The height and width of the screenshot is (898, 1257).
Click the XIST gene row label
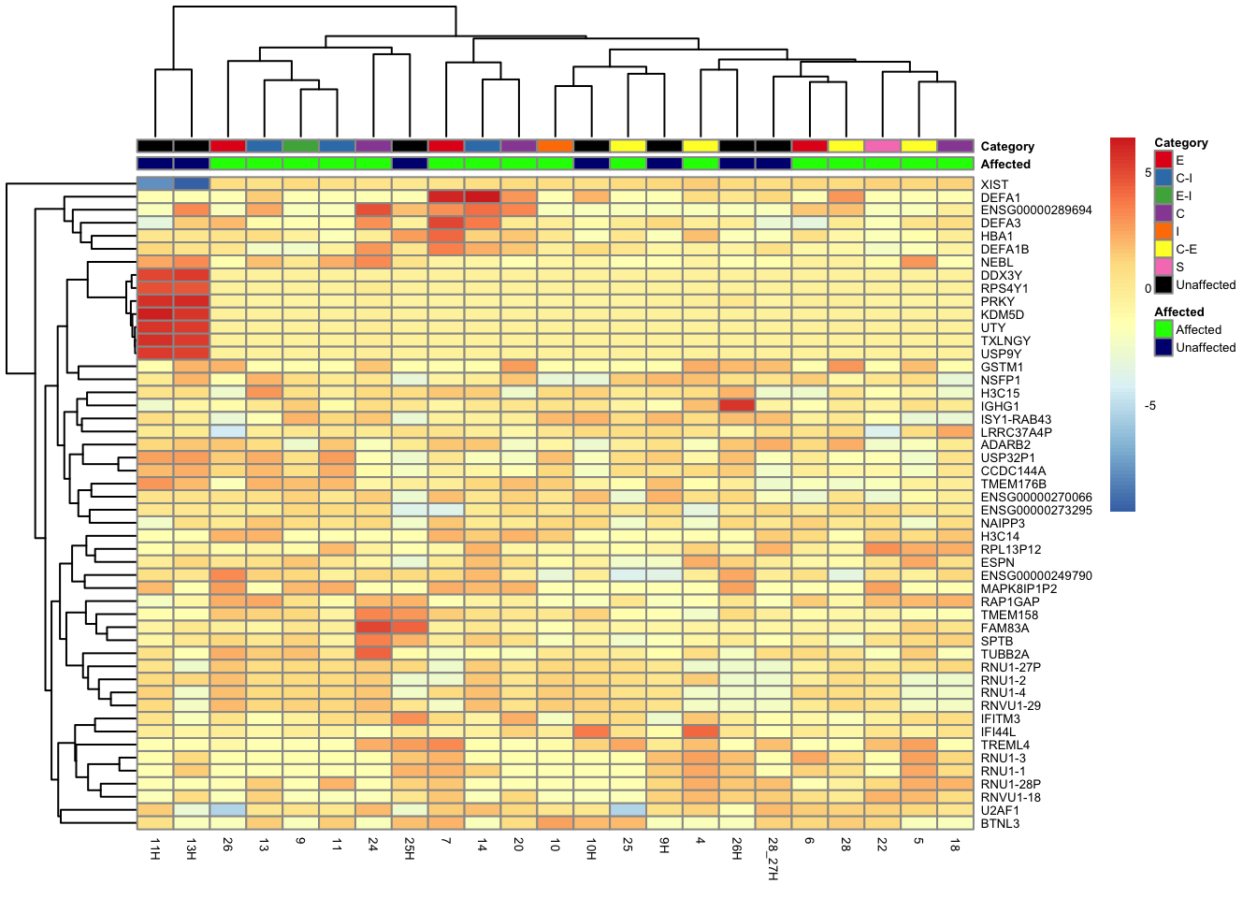point(994,184)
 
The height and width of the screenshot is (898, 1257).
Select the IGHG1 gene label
point(1000,406)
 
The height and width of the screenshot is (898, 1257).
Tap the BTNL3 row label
point(1000,823)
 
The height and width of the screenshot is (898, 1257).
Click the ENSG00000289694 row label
point(1036,210)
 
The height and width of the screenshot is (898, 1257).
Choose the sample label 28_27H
point(773,857)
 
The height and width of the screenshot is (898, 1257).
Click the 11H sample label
point(155,848)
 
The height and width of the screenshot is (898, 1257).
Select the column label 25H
point(410,848)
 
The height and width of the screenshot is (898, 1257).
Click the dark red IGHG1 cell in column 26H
point(737,406)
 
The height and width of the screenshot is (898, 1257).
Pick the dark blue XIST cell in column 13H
point(192,184)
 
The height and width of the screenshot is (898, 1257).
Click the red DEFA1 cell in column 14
point(483,197)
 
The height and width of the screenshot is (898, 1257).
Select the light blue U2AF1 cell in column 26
point(228,810)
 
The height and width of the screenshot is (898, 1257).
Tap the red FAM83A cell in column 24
point(373,628)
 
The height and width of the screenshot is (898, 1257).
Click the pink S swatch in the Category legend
point(1163,267)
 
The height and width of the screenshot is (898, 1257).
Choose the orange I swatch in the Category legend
point(1163,231)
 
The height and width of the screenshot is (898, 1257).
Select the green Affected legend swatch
point(1163,329)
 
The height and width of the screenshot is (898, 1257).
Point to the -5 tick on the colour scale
point(1149,406)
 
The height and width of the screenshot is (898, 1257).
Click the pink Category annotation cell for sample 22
point(882,146)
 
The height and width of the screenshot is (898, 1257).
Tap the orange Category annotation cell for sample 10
point(556,146)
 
